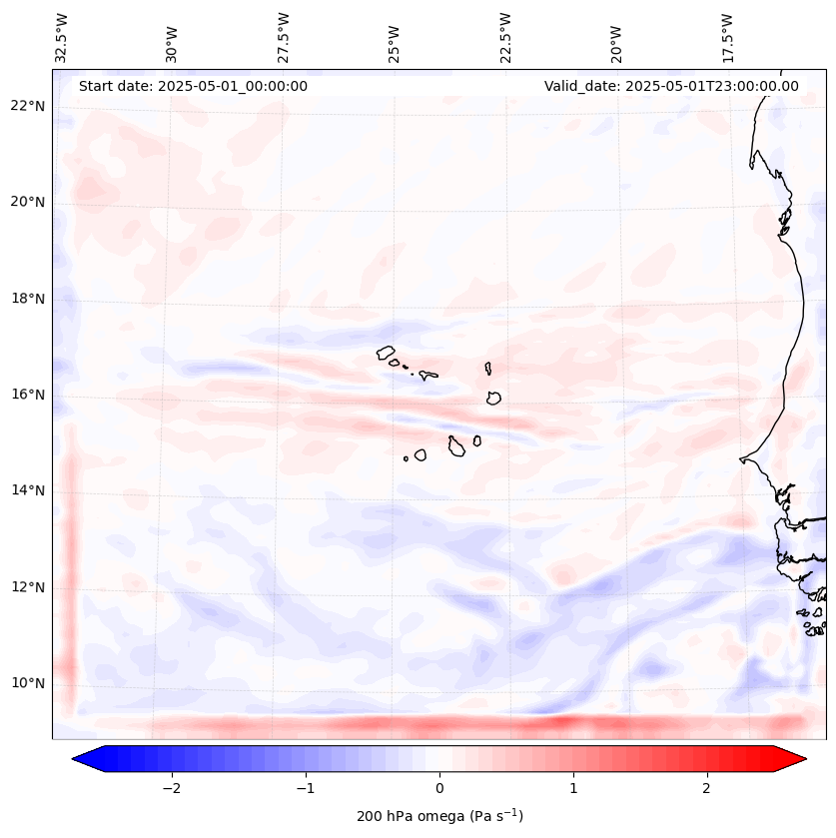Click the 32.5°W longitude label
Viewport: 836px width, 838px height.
(x=62, y=38)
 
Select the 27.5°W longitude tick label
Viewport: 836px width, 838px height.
(x=284, y=38)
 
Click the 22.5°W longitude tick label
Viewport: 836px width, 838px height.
(x=505, y=38)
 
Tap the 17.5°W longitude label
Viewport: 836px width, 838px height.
(x=727, y=38)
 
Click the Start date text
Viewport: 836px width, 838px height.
(x=193, y=86)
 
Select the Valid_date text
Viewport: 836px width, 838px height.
(x=671, y=86)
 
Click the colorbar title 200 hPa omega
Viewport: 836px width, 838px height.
(x=439, y=816)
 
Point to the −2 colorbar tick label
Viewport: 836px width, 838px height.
(x=171, y=787)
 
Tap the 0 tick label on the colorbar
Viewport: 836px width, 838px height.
(x=439, y=787)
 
